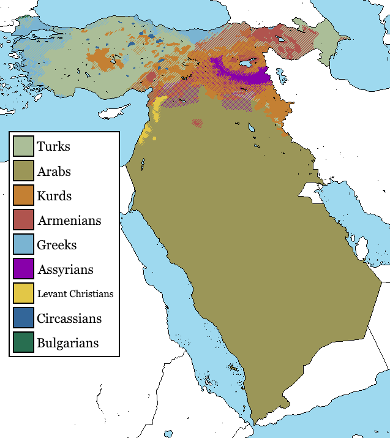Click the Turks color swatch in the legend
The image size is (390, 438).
coord(24,146)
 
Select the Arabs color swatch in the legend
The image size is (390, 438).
coord(24,171)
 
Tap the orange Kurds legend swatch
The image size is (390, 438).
coord(24,195)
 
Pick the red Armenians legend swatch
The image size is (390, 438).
coord(24,220)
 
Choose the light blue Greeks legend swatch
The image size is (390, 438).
coord(24,244)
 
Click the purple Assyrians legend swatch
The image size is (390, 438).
coord(24,269)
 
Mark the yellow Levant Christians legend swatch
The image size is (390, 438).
coord(24,293)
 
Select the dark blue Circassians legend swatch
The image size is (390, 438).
coord(24,318)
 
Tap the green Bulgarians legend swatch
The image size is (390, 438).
coord(24,342)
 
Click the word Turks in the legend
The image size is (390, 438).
coord(53,147)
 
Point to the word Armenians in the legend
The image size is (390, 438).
coord(69,221)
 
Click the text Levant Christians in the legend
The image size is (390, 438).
coord(75,294)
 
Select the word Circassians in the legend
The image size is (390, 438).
coord(69,319)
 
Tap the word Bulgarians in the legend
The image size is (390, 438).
coord(67,343)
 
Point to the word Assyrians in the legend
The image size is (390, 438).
coord(65,270)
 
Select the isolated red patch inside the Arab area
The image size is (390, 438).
coord(197,123)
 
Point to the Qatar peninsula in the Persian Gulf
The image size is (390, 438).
coord(362,248)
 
